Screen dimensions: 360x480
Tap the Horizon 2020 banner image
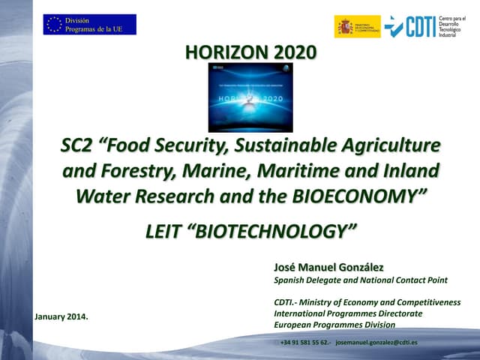(x=250, y=97)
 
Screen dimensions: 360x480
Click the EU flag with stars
(x=53, y=24)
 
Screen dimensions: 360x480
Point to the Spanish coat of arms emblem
(x=346, y=27)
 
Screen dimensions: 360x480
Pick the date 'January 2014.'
(x=61, y=316)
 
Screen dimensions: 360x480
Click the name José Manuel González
(x=329, y=267)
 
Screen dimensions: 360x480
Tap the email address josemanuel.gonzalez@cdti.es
(x=376, y=342)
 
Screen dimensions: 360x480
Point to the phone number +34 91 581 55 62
(x=304, y=342)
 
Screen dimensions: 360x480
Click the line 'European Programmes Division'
(x=334, y=324)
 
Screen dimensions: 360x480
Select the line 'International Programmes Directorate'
(x=348, y=313)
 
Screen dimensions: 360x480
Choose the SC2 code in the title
(x=77, y=143)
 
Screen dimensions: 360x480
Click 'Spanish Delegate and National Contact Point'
(x=361, y=280)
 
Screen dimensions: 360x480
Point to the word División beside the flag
(x=78, y=19)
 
